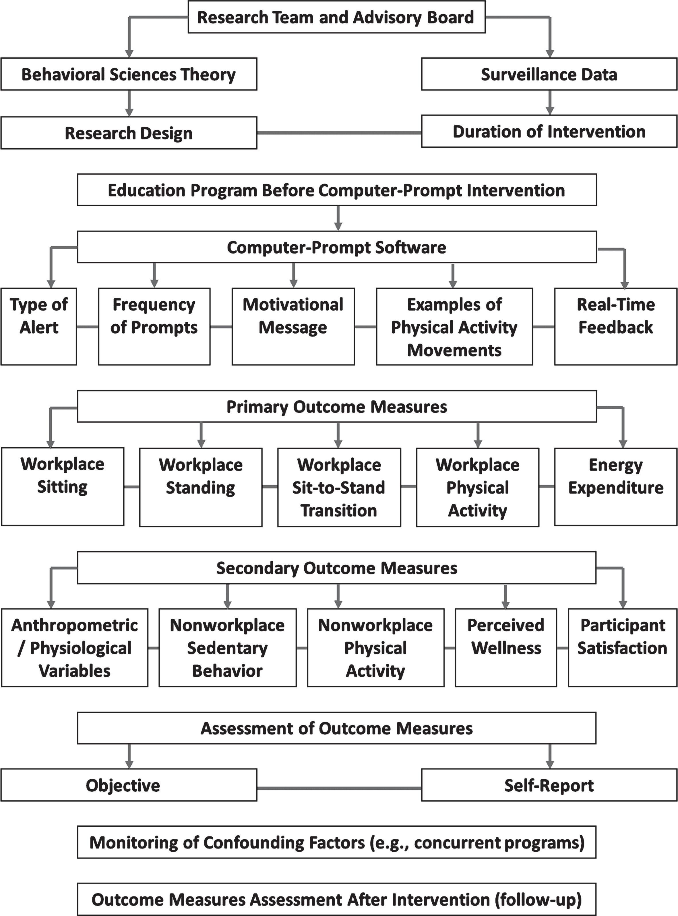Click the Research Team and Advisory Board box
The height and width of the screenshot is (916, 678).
[x=336, y=17]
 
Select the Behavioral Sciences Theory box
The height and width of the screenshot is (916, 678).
[x=129, y=74]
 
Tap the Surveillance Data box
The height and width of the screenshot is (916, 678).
[x=549, y=74]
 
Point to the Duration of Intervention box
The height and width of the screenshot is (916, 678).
[x=549, y=131]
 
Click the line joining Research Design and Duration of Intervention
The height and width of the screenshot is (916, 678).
[x=339, y=133]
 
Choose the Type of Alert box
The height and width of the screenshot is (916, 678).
[x=38, y=326]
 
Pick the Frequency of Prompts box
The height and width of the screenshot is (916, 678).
[x=154, y=326]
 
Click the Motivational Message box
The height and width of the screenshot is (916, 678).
[x=293, y=326]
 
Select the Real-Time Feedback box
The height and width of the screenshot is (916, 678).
[x=616, y=326]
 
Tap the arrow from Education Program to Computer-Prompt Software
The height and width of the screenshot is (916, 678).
[x=338, y=218]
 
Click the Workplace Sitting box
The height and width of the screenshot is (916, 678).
[x=63, y=487]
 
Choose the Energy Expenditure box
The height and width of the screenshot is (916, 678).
[x=616, y=487]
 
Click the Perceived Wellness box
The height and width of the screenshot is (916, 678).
[x=505, y=647]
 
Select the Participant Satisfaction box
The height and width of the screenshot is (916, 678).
[x=623, y=647]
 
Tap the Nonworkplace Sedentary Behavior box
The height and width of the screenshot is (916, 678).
[x=227, y=647]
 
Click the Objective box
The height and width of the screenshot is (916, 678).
[x=129, y=785]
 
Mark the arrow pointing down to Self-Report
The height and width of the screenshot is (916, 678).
[x=549, y=756]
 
